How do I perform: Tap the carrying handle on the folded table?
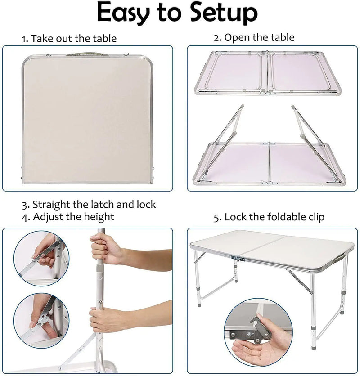[87, 54]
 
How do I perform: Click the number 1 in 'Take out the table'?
[25, 39]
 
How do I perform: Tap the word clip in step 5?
[314, 217]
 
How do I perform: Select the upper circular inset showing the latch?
[41, 259]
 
